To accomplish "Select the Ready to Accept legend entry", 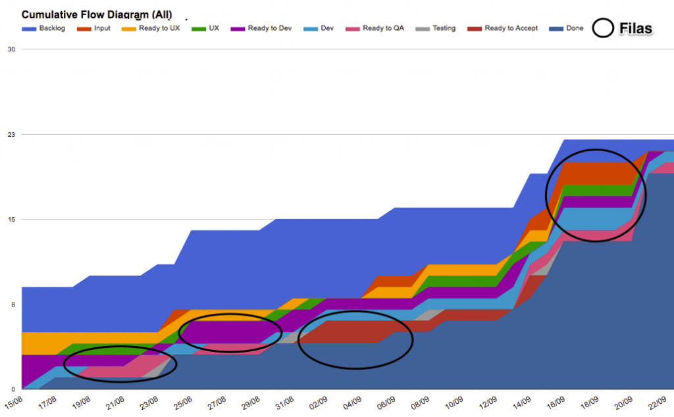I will coord(503,28).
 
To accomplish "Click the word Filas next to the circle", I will coord(636,28).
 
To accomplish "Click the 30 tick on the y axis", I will coord(11,49).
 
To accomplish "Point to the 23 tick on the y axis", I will coord(11,134).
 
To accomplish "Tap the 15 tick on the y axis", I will coord(11,219).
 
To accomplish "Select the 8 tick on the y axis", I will coord(13,305).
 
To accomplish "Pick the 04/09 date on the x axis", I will coord(353,401).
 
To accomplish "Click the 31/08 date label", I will coord(285,401).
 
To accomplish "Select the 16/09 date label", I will coord(556,401).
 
